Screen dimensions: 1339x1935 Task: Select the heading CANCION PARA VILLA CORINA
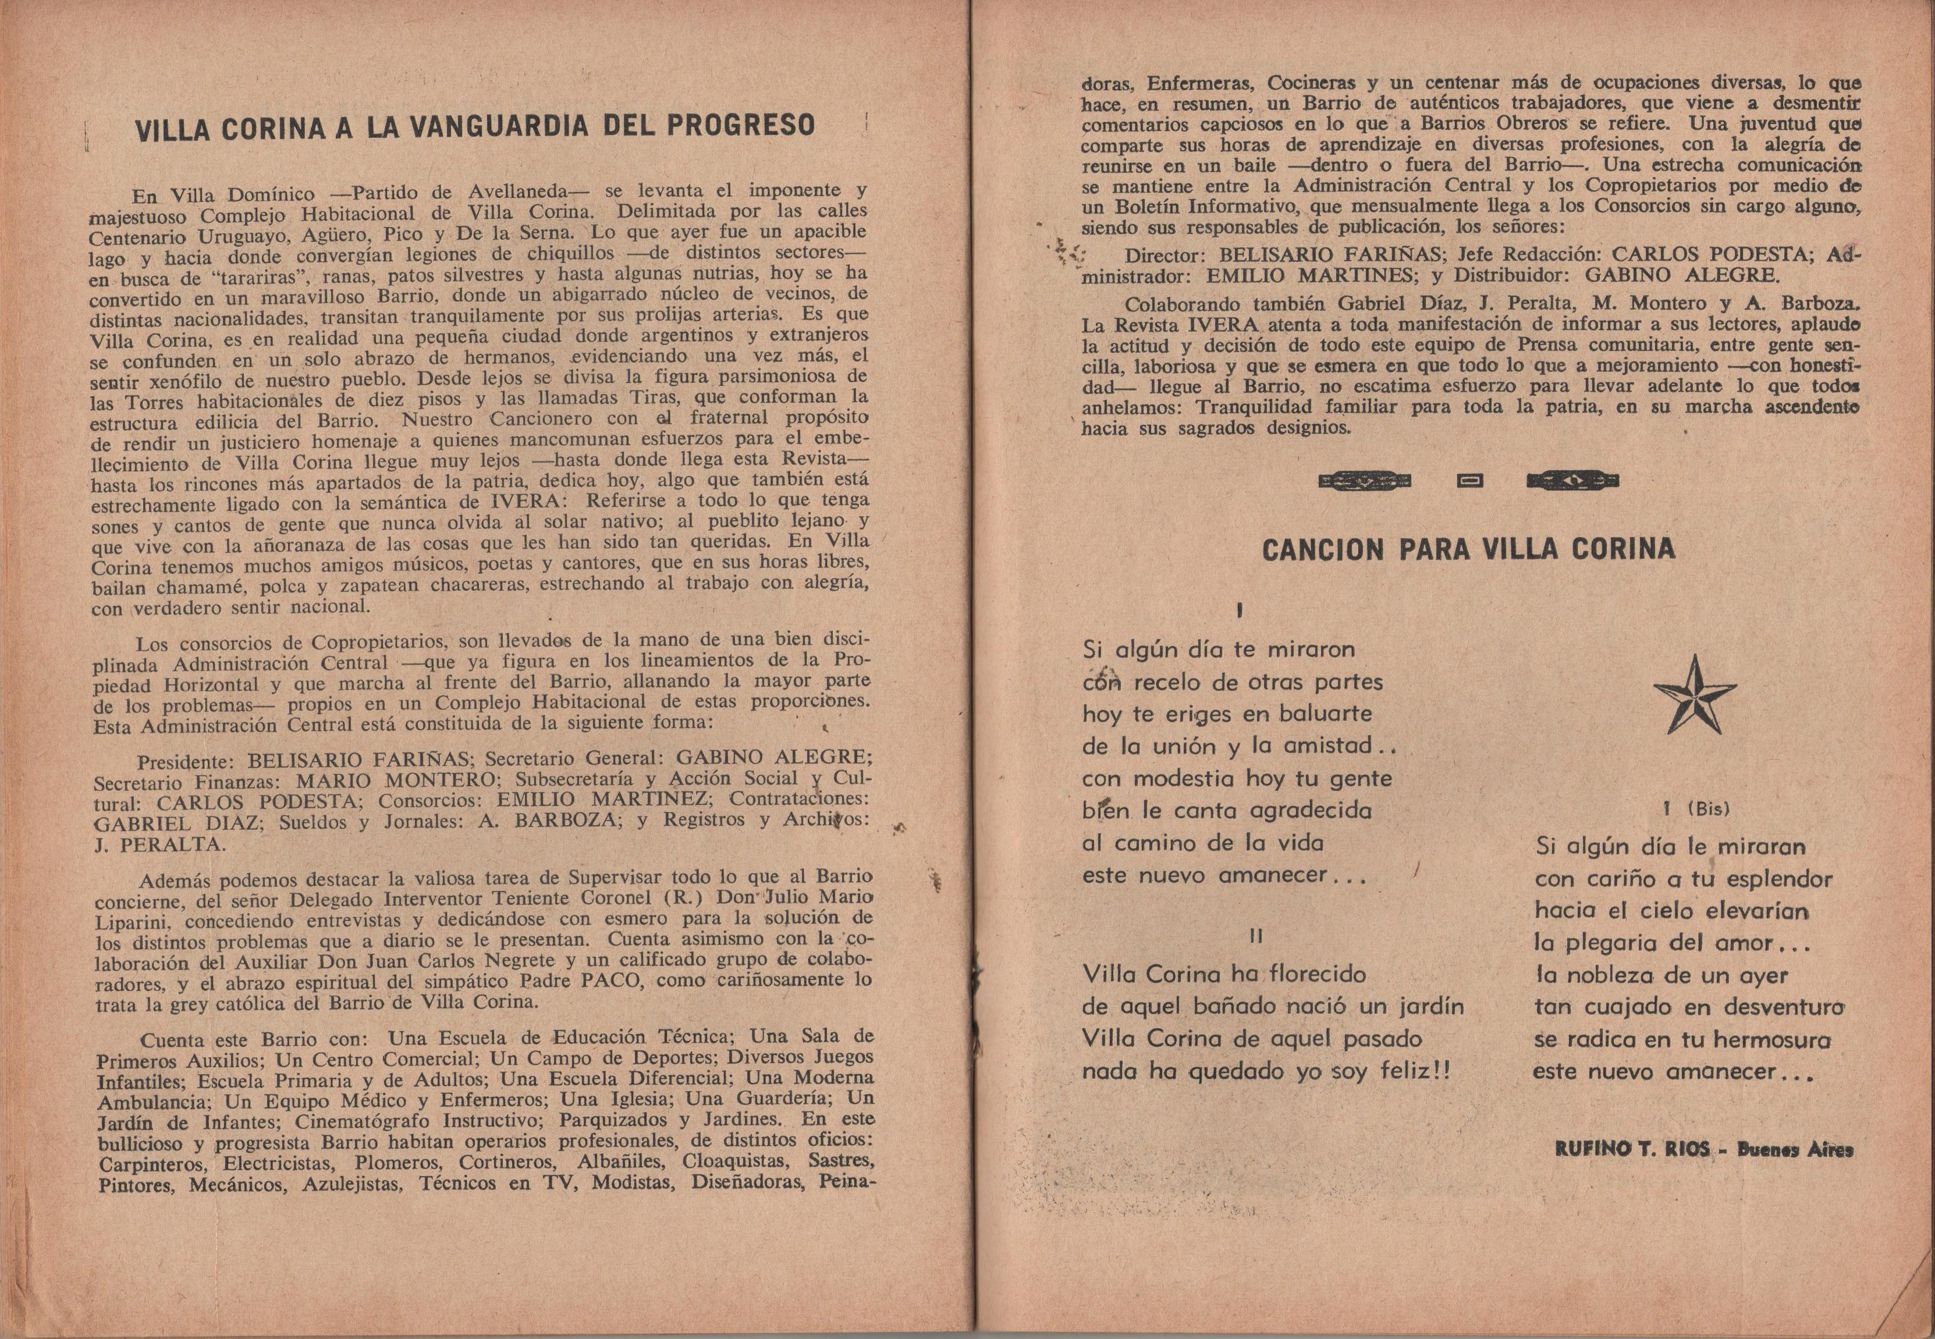(x=1468, y=549)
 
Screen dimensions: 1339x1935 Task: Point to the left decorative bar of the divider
(x=1365, y=481)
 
